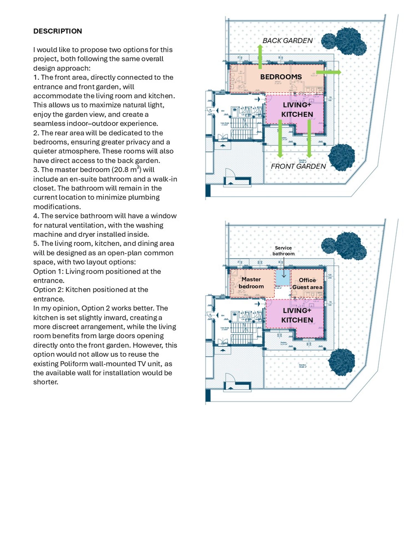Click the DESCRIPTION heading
(57, 31)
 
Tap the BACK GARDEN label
(287, 41)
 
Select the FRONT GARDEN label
(298, 166)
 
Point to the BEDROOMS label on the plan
(281, 77)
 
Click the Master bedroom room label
(251, 283)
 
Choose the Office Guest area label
(307, 284)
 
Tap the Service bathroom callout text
(283, 251)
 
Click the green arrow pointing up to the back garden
(260, 57)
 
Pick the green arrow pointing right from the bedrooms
(329, 72)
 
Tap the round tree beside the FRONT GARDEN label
(341, 157)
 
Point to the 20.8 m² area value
(126, 170)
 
